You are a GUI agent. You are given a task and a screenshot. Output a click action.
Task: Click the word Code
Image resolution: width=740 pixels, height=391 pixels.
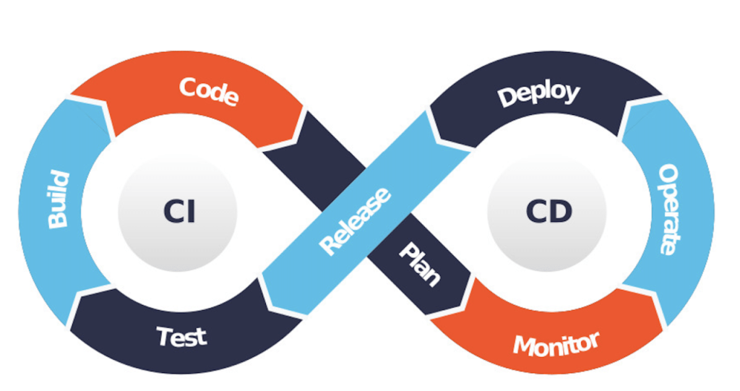pyautogui.click(x=208, y=92)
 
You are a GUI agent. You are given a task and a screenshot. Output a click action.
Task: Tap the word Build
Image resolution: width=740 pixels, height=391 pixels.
pyautogui.click(x=58, y=199)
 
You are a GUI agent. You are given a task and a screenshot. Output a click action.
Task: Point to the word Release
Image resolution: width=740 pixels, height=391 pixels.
pyautogui.click(x=356, y=221)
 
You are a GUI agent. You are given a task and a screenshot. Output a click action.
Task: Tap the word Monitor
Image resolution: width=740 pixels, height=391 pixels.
pyautogui.click(x=556, y=343)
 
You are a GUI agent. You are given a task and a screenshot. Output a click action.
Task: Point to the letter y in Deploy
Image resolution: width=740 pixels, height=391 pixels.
pyautogui.click(x=569, y=95)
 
